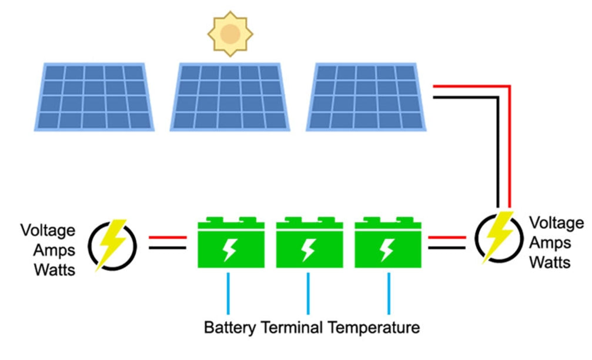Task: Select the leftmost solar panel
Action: point(94,96)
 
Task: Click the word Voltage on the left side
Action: point(48,230)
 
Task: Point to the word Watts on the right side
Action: point(550,262)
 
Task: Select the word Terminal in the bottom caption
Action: point(292,326)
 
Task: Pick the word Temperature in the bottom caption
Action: point(374,326)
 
